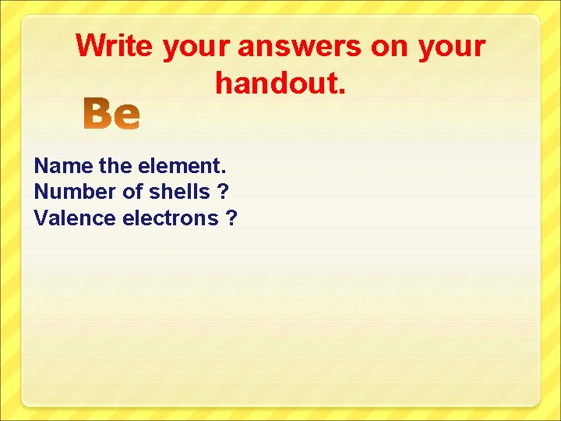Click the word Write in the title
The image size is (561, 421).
pos(115,46)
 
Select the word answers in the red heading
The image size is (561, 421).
pos(299,47)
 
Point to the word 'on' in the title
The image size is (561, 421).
pos(389,47)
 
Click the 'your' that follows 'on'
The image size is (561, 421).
pos(451,48)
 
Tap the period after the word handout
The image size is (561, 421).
pos(340,90)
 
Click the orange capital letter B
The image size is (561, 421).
pos(99,115)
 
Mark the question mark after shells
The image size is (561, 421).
pos(224,192)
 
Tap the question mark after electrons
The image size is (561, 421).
pos(231,218)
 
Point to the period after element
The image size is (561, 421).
pos(224,172)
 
